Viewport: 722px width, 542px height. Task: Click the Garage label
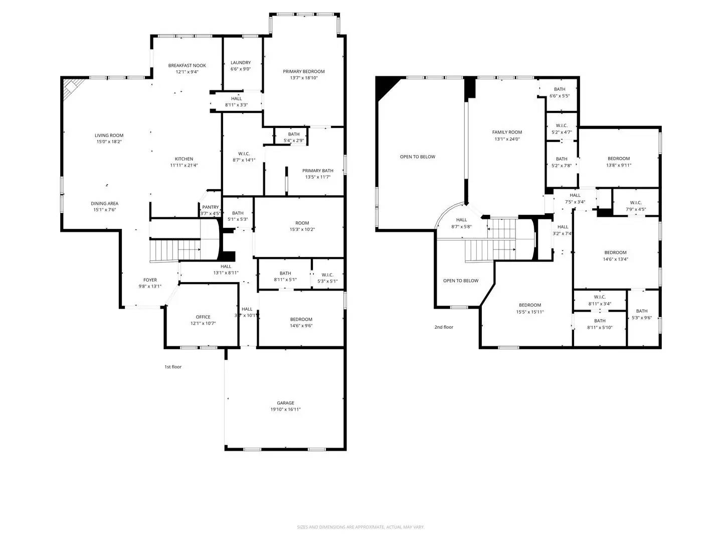286,403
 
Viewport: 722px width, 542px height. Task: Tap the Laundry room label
241,63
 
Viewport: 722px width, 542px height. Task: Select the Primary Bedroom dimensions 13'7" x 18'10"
304,78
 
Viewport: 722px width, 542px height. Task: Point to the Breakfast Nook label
187,65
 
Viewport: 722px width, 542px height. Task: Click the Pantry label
211,207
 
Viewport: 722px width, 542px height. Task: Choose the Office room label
203,317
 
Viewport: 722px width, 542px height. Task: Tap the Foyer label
150,280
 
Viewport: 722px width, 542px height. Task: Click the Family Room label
507,132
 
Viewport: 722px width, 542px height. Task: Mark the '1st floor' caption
173,367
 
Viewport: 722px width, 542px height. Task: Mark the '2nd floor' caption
444,327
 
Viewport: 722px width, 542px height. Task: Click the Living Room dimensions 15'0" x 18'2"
109,142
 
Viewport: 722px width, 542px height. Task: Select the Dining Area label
105,203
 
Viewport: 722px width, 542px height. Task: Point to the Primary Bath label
318,171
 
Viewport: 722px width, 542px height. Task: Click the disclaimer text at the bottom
360,527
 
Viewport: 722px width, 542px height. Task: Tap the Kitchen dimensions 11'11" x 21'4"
184,165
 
